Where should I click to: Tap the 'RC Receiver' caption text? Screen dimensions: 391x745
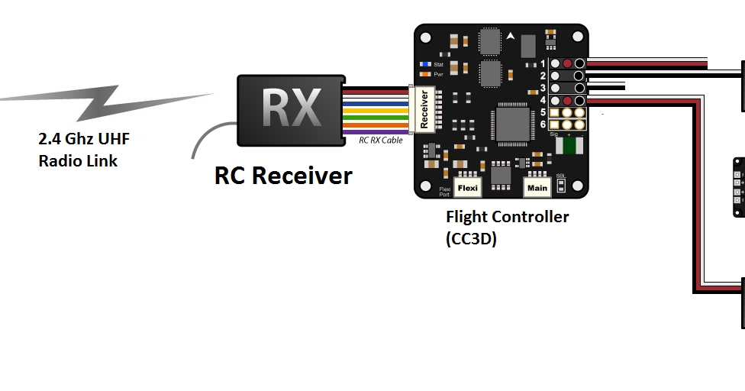coord(283,176)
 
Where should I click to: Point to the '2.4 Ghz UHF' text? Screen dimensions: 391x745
coord(84,140)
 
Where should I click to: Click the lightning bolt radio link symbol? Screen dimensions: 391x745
coord(107,102)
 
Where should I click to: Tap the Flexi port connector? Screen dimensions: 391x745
coord(467,186)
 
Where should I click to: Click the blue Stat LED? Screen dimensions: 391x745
coord(424,63)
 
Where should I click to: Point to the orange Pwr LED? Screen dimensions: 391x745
coord(424,75)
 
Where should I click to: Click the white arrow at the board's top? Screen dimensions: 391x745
coord(511,35)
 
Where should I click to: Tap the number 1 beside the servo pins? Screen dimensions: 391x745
coord(543,63)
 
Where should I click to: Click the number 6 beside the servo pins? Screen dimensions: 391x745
coord(543,124)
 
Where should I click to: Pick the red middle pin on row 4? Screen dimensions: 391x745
coord(567,101)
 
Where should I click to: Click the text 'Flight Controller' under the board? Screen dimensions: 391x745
coord(507,217)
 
